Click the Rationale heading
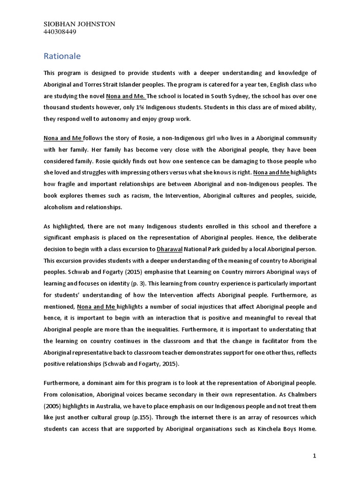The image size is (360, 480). [x=62, y=56]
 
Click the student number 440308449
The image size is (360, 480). [x=60, y=32]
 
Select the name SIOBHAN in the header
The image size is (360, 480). [x=60, y=24]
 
